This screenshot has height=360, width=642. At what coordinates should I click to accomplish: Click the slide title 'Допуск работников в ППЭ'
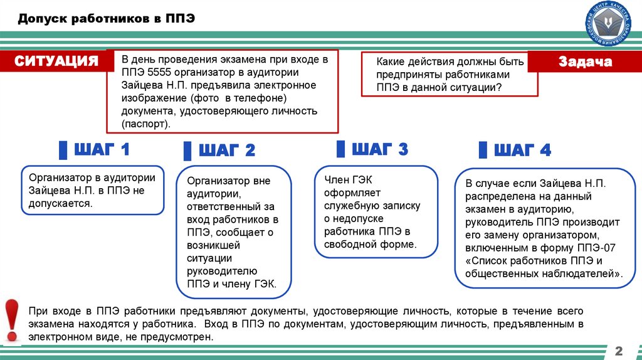(x=106, y=19)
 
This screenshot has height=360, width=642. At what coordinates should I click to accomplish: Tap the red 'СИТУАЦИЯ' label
(x=57, y=61)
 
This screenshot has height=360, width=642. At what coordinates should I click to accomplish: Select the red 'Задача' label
(x=584, y=62)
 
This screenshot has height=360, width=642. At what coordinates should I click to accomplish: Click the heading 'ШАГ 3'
(x=380, y=149)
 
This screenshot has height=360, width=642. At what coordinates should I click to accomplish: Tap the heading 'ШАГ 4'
(x=522, y=150)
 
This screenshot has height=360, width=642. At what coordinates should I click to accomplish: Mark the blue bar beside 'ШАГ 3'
(x=340, y=149)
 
